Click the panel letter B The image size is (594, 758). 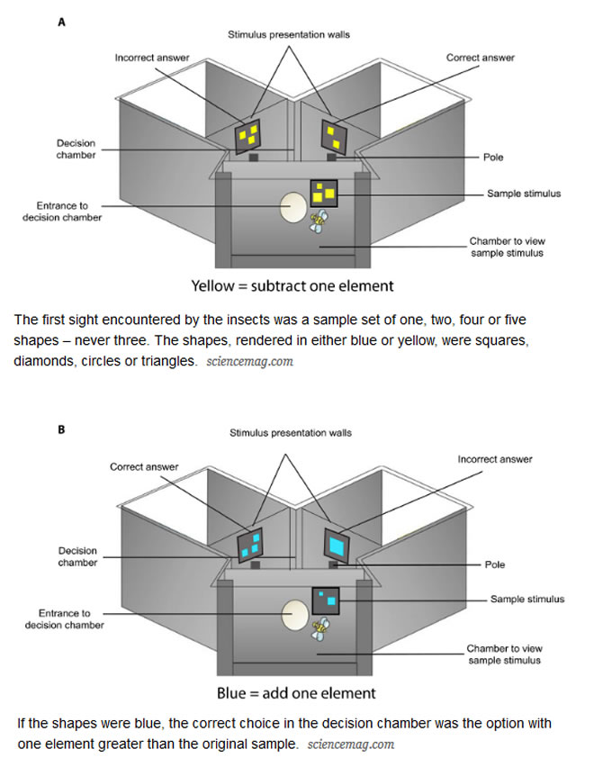(61, 429)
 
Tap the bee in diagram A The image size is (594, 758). (319, 220)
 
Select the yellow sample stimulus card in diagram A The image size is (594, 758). (324, 194)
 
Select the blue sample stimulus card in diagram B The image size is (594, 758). (325, 600)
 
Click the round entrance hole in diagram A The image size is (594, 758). (292, 208)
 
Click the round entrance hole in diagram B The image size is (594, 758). (295, 616)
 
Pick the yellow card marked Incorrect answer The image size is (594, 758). (248, 137)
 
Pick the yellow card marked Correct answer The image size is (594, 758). (334, 136)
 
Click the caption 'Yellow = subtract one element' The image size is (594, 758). (292, 286)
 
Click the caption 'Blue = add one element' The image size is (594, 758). (295, 694)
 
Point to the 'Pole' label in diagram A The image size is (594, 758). (493, 158)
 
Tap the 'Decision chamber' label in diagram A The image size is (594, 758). (76, 149)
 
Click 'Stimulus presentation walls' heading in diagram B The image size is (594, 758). (291, 433)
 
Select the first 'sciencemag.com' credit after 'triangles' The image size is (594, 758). (249, 361)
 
